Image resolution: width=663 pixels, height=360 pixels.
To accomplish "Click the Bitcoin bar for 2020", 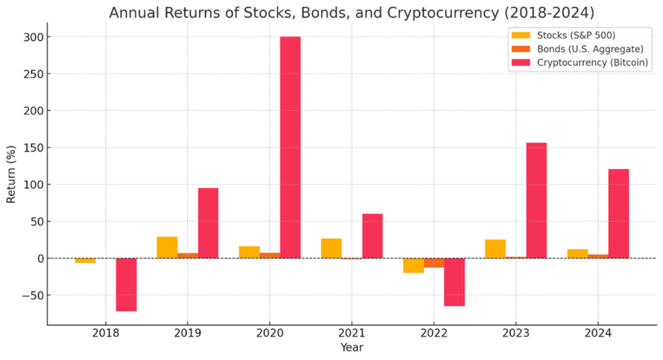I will click(290, 147).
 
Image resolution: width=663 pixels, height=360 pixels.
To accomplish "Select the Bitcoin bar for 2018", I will click(126, 285).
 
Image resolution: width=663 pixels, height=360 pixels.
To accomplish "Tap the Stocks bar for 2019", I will click(167, 247).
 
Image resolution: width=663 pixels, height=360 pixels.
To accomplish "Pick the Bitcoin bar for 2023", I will click(536, 200).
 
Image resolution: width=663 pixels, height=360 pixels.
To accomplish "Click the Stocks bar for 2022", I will click(413, 265).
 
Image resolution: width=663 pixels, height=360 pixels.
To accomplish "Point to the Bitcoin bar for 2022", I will click(454, 282).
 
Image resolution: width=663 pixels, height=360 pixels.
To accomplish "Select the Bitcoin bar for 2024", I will click(618, 213).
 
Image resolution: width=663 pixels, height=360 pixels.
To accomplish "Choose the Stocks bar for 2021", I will click(331, 248).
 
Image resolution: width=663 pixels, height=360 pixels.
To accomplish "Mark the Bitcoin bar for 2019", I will click(208, 223).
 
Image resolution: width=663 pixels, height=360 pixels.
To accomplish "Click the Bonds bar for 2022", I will click(434, 263).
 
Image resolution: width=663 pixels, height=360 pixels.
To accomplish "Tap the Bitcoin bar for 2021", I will click(372, 236).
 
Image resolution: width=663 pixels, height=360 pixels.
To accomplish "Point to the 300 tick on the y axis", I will click(35, 37).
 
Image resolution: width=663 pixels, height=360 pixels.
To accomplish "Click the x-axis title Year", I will click(351, 348).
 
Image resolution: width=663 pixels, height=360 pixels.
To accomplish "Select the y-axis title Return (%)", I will click(11, 173).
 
